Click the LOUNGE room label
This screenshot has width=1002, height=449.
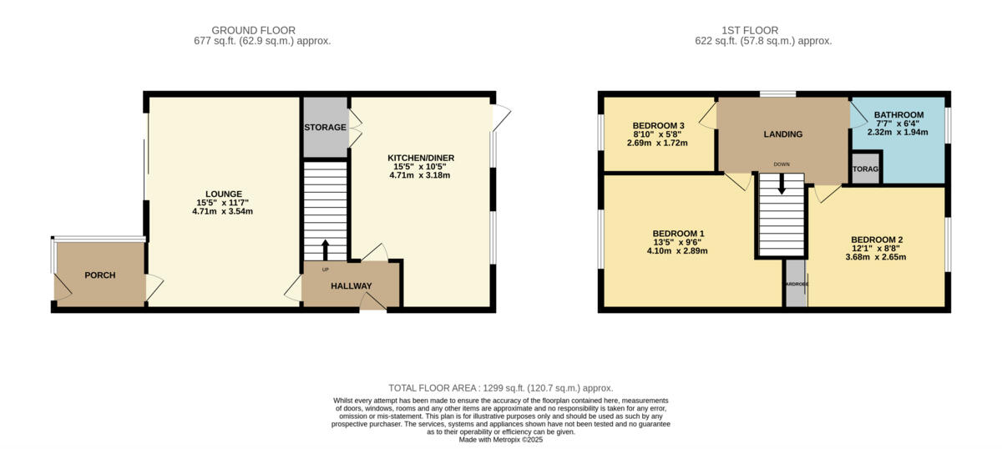(x=222, y=194)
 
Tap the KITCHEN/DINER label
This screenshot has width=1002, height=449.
(x=421, y=158)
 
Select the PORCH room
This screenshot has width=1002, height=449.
(x=99, y=275)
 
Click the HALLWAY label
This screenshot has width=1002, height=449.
(x=351, y=286)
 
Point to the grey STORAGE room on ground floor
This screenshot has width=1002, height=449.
(x=325, y=128)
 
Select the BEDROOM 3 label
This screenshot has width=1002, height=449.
(x=658, y=126)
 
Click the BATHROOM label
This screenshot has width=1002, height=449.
(x=898, y=115)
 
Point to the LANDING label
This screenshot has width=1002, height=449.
(x=782, y=134)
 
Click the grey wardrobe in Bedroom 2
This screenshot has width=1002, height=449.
(x=796, y=284)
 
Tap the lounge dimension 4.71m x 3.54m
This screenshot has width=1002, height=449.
(x=222, y=211)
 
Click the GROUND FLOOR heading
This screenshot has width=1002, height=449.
(x=253, y=31)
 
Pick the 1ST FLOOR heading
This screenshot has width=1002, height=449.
(x=763, y=31)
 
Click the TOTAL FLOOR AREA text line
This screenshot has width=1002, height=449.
(x=501, y=388)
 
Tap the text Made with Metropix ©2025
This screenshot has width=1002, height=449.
(x=501, y=440)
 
